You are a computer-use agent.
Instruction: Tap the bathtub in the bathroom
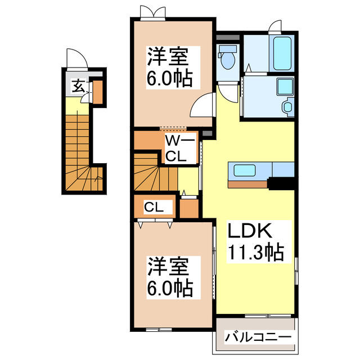pos(282,52)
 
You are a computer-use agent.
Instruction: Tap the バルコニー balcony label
pos(258,337)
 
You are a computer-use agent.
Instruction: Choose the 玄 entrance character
pos(78,87)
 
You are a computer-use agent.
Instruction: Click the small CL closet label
pos(154,207)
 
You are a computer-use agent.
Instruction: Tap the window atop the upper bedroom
pos(152,14)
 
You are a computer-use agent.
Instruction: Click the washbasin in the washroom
pos(289,106)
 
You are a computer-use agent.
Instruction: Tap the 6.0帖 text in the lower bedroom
pos(169,289)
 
